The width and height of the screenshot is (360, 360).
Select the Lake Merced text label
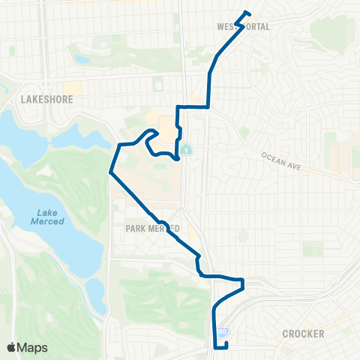tap(48, 217)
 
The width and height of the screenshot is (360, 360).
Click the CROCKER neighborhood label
tap(303, 334)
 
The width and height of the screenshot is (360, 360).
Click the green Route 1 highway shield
tap(185, 150)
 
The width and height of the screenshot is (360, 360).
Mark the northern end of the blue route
tap(248, 12)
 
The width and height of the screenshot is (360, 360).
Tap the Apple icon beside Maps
tap(11, 346)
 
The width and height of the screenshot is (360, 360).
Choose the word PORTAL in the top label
tap(253, 26)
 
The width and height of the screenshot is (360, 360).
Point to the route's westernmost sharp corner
tap(110, 172)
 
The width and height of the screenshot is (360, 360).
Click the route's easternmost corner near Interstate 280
tap(244, 281)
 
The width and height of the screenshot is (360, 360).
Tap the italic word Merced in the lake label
tap(48, 221)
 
